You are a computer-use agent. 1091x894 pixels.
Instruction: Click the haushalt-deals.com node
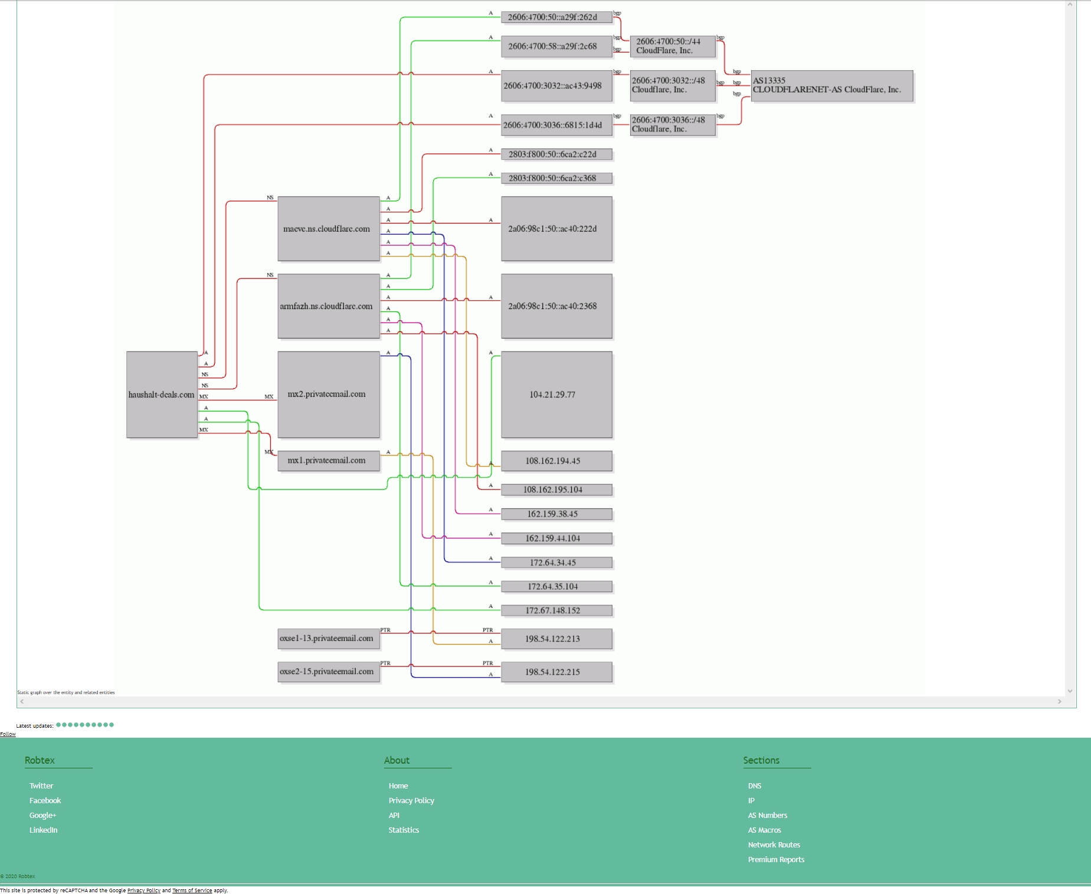[162, 395]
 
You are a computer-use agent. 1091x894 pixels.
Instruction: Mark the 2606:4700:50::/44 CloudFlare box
[672, 46]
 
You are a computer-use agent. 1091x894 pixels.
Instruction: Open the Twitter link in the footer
[41, 785]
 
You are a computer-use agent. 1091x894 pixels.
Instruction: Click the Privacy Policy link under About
[411, 800]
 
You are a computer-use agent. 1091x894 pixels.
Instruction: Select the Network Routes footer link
[774, 844]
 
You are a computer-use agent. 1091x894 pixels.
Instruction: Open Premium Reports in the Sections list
[776, 859]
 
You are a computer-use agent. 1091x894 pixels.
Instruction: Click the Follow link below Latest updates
[8, 734]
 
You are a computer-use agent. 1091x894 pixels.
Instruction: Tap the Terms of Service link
[192, 890]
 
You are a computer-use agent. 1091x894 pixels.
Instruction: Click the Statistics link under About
[404, 830]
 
